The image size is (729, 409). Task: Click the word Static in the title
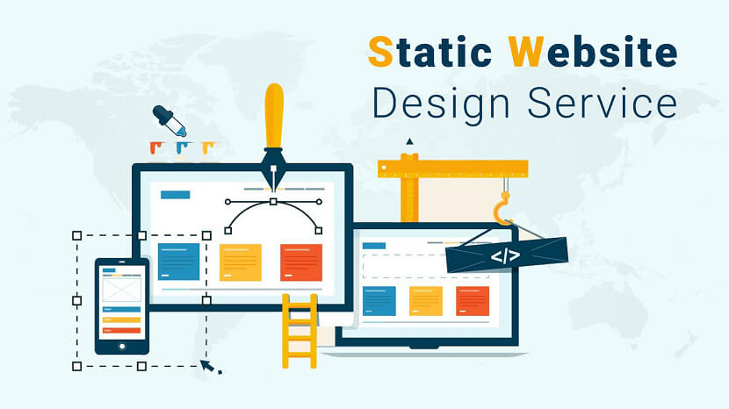click(x=429, y=52)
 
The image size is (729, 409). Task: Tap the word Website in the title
click(x=593, y=52)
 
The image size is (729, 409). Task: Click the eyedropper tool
click(x=170, y=121)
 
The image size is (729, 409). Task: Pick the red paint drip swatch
click(x=155, y=147)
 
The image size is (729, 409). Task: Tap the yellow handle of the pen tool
click(x=274, y=116)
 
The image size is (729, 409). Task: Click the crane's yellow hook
click(x=502, y=210)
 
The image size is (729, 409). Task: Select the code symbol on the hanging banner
click(x=505, y=256)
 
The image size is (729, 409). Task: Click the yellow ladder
click(x=300, y=331)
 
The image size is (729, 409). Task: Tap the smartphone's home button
click(x=122, y=347)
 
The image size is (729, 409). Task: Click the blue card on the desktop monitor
click(x=178, y=262)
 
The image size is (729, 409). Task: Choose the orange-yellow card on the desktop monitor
click(x=240, y=262)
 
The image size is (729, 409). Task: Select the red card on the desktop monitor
click(x=301, y=262)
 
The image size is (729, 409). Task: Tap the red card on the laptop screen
click(x=473, y=301)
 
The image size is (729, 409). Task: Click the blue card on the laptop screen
click(x=379, y=301)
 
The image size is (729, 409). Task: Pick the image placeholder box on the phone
click(x=122, y=289)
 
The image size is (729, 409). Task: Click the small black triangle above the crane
click(x=409, y=141)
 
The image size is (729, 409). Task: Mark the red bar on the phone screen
click(x=122, y=331)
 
